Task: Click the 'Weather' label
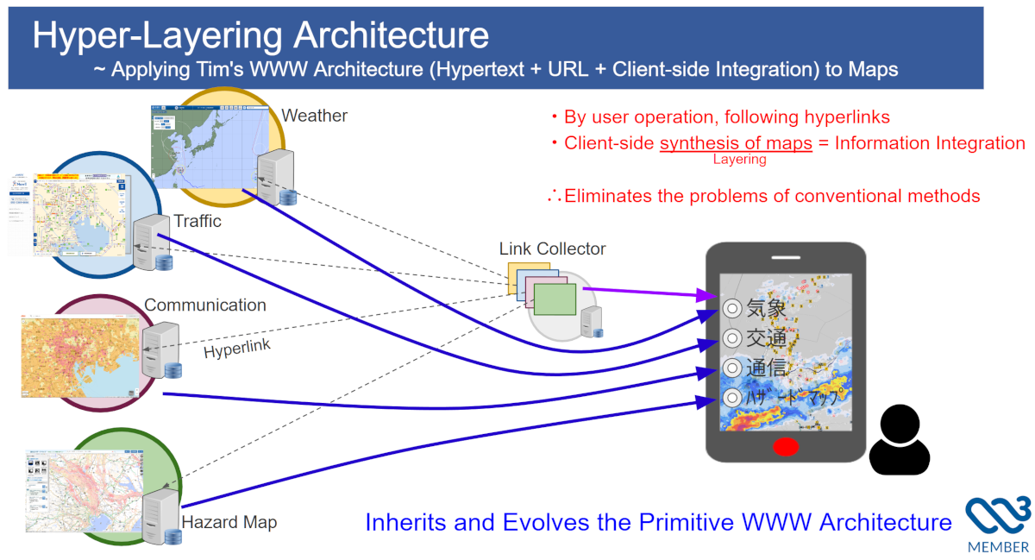(x=314, y=116)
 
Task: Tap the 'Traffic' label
(x=198, y=222)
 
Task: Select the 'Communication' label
(x=205, y=305)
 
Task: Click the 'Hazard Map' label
(x=229, y=522)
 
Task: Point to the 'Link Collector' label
(x=552, y=249)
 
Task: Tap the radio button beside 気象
(x=732, y=307)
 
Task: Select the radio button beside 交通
(x=732, y=337)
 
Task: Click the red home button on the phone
(x=785, y=447)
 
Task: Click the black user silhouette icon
(x=900, y=441)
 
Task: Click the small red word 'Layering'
(x=739, y=160)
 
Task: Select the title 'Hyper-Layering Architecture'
(x=260, y=35)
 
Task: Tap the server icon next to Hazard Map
(x=162, y=514)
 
